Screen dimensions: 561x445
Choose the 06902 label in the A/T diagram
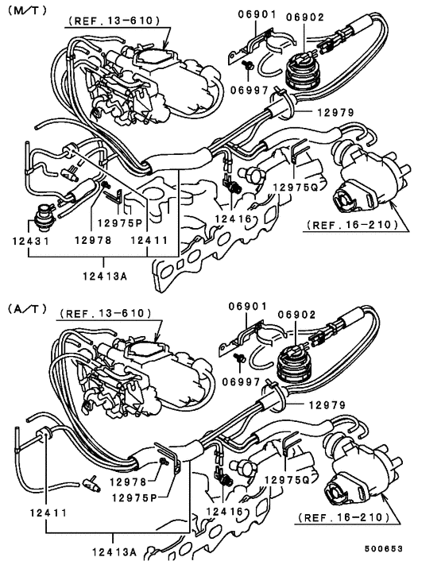(x=304, y=315)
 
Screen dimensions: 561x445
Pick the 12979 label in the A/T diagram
(x=328, y=404)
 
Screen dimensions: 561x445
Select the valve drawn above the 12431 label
(x=45, y=215)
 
